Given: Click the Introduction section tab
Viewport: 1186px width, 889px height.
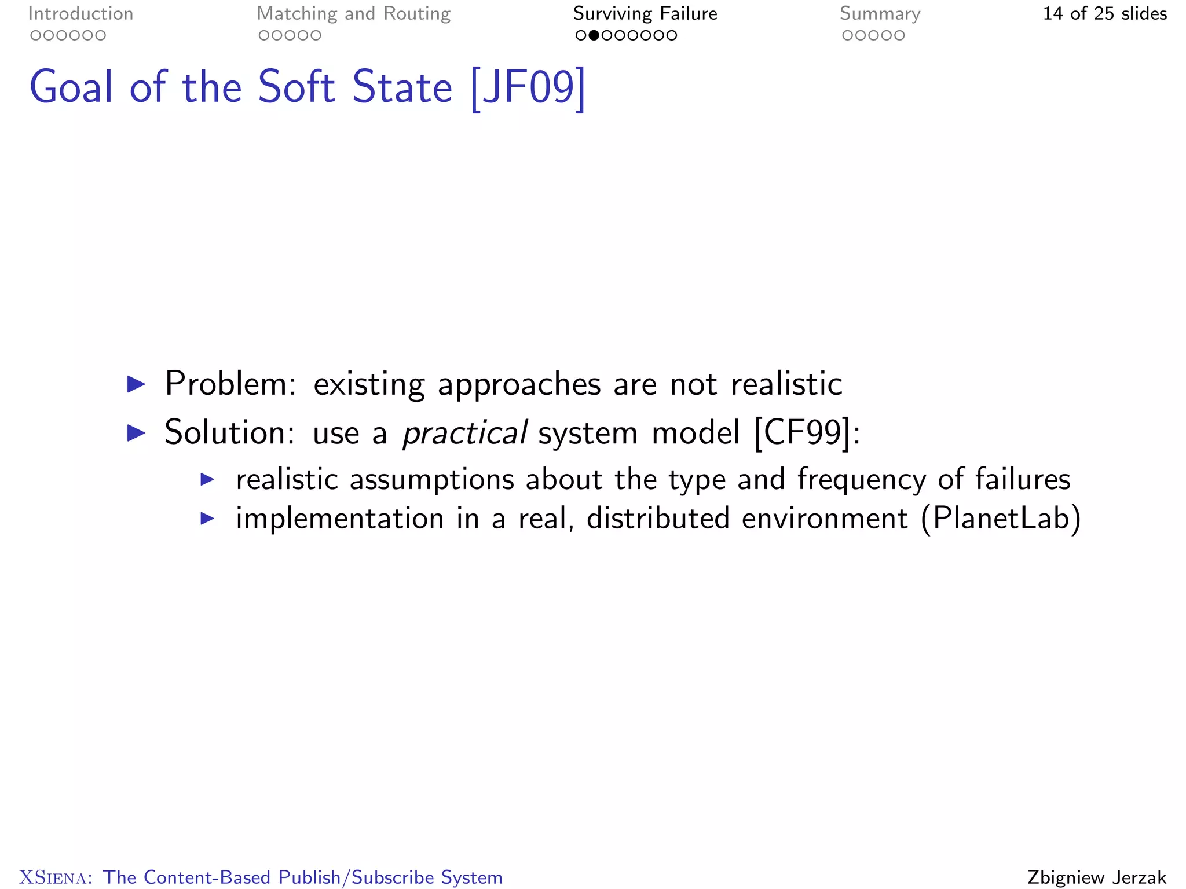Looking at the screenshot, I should coord(80,14).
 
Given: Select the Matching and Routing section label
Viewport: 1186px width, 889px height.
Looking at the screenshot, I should coord(353,14).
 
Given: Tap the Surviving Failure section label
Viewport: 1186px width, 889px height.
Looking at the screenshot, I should coord(645,14).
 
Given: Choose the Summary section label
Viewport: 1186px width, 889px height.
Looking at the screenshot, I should coord(880,14).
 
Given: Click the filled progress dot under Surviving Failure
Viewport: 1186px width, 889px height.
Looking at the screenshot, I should coord(594,36).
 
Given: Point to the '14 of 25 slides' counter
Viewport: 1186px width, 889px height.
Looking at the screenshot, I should coord(1104,14).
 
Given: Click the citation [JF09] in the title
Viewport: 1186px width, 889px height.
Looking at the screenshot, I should coord(528,88).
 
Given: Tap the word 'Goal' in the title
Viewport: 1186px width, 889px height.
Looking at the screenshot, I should coord(71,88).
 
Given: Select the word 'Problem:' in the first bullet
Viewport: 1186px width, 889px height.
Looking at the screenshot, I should coord(230,384).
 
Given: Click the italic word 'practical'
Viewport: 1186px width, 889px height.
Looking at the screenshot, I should coord(464,433).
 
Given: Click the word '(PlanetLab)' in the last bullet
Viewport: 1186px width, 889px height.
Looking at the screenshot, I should coord(1001,518).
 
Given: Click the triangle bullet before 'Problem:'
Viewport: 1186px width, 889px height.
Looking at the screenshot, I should coord(136,384).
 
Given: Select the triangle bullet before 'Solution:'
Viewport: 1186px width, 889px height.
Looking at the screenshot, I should coord(136,433).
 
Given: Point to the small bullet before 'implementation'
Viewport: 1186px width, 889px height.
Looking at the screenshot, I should coord(207,518).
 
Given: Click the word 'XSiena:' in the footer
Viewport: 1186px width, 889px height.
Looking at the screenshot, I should coord(56,877).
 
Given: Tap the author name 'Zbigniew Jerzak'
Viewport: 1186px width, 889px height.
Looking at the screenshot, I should coord(1097,877).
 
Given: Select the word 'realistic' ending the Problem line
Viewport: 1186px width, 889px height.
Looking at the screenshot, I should coord(786,384).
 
